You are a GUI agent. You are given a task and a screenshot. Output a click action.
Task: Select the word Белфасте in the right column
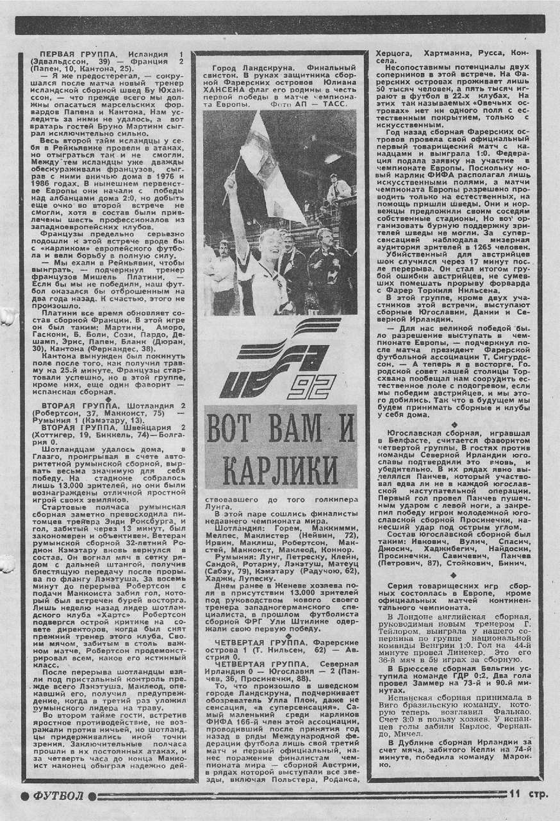(x=413, y=443)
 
